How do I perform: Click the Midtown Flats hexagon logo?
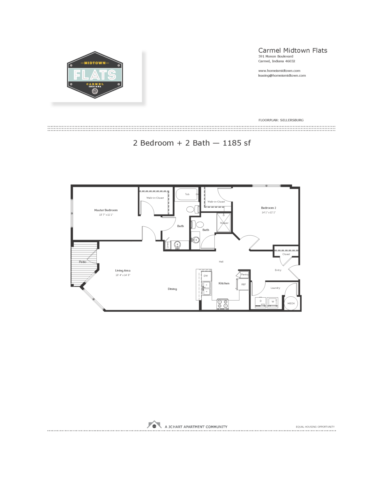tap(95, 75)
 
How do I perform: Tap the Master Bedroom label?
tap(106, 210)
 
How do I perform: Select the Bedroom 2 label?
tap(268, 208)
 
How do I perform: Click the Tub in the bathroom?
tap(187, 194)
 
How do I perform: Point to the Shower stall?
tap(224, 223)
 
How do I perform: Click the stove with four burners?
tap(223, 304)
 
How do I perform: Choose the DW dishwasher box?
tap(206, 276)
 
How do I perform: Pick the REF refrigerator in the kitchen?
tap(244, 284)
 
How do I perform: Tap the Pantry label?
tap(244, 275)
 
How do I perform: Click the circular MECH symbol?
tap(291, 303)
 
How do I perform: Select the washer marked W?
tap(273, 302)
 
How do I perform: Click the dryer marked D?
tap(260, 302)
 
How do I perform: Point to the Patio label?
tap(83, 262)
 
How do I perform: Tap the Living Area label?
tap(123, 270)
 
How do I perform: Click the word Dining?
tap(172, 289)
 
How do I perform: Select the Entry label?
tap(278, 270)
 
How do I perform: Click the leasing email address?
tap(282, 76)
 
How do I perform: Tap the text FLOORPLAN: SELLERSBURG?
tap(281, 120)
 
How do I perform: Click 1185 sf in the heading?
tap(237, 143)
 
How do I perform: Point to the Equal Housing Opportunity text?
tap(315, 427)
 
